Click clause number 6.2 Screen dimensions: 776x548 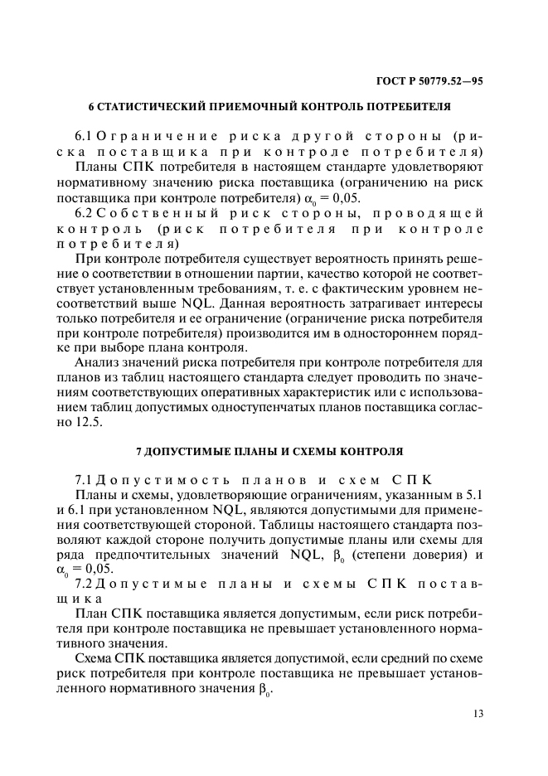(x=84, y=214)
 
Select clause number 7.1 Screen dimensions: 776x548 (x=84, y=481)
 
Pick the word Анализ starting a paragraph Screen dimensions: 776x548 (x=98, y=362)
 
